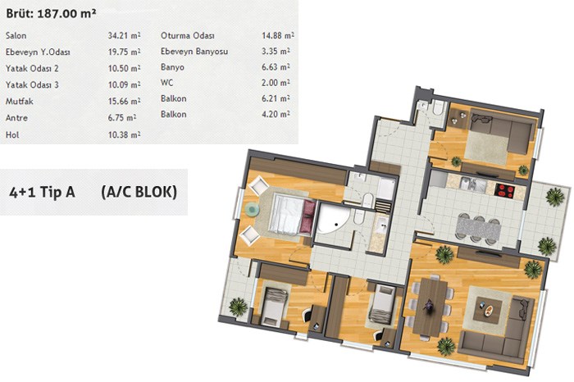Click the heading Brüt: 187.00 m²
(x=51, y=14)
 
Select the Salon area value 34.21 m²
(x=124, y=35)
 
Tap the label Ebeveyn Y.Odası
(x=38, y=52)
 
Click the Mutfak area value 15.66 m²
(x=124, y=101)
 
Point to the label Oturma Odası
(x=188, y=35)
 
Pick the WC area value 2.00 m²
(x=276, y=83)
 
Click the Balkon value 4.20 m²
(x=276, y=114)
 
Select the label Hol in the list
(x=12, y=134)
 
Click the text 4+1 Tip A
(x=42, y=192)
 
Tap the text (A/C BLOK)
(x=139, y=192)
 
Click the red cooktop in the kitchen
(x=504, y=190)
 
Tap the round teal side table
(x=252, y=209)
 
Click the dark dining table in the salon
(x=430, y=307)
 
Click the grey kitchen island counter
(x=478, y=230)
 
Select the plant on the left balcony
(x=238, y=307)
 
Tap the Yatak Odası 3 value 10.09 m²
(x=124, y=85)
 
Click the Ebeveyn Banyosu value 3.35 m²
(x=276, y=51)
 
